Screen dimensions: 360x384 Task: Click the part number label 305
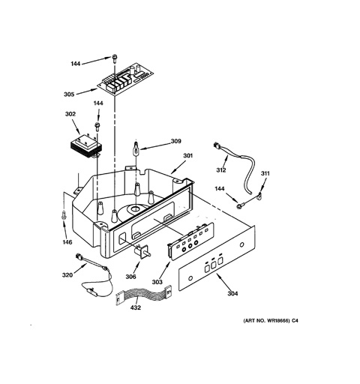click(x=69, y=94)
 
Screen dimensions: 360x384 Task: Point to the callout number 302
click(x=70, y=114)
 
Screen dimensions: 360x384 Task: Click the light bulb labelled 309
click(x=136, y=148)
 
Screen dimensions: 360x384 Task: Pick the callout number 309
click(x=176, y=141)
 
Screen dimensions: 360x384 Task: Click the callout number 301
click(x=188, y=155)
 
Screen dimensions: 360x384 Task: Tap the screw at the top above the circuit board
click(x=115, y=58)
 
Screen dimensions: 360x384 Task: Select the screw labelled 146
click(x=64, y=215)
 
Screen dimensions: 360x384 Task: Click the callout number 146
click(x=67, y=242)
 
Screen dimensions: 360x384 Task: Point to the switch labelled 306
click(x=143, y=251)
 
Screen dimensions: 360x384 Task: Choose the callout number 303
click(x=157, y=282)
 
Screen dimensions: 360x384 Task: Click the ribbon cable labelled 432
click(x=144, y=295)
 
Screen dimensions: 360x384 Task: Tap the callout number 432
click(x=136, y=307)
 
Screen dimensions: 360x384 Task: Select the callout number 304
click(x=232, y=293)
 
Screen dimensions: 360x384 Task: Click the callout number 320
click(x=67, y=275)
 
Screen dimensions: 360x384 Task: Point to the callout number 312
click(x=221, y=170)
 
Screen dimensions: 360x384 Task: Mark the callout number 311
click(x=265, y=173)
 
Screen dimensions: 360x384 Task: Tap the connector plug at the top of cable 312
click(x=217, y=145)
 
